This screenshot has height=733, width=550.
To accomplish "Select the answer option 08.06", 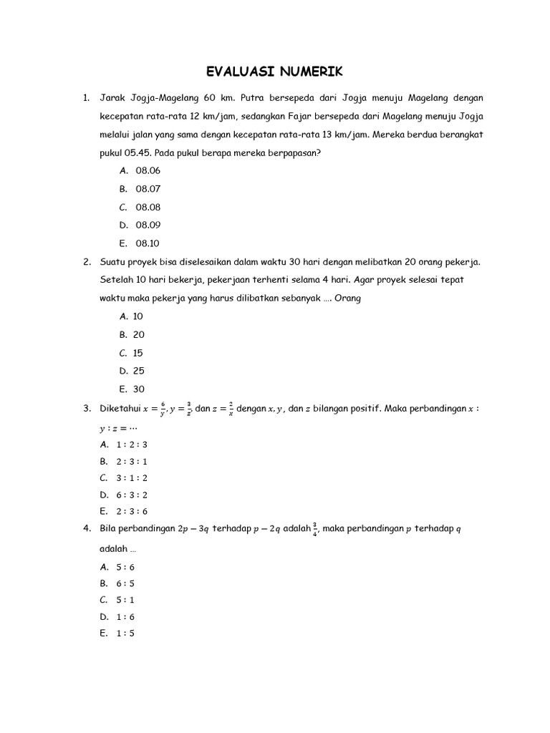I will point(148,170).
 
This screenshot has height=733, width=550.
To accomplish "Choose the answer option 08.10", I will point(148,243).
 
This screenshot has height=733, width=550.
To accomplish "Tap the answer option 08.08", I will point(148,207).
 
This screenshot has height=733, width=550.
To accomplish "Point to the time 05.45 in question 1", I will point(137,152).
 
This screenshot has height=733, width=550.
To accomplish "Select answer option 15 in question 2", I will point(138,353).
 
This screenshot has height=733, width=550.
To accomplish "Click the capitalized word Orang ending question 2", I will point(347,298).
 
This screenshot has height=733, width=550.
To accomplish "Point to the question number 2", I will point(86,261).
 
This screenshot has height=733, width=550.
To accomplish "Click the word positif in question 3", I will point(365,409).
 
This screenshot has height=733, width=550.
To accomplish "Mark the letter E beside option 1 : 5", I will point(104,634).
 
